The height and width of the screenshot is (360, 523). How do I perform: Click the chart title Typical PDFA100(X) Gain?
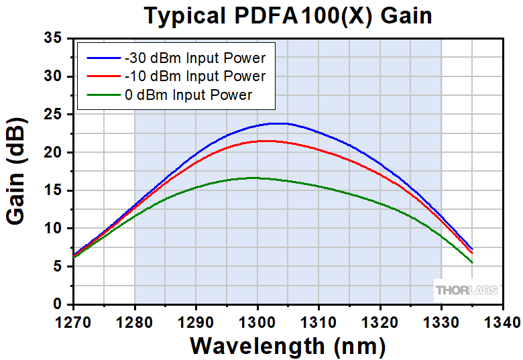[x=288, y=15]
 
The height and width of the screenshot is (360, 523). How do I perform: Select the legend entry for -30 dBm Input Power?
[x=195, y=58]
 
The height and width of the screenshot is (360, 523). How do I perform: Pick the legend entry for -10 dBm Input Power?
[x=195, y=76]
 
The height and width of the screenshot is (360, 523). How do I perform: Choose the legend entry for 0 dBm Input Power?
[x=188, y=95]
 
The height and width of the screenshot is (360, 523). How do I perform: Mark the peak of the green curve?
[x=253, y=178]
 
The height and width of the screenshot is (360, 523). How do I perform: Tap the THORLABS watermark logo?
[x=467, y=290]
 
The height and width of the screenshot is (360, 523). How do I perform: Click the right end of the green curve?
[x=473, y=262]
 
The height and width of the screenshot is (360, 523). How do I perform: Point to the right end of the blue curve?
[x=473, y=249]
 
